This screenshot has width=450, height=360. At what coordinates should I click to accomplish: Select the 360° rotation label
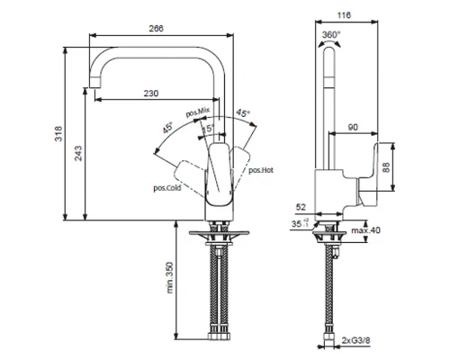tap(330, 35)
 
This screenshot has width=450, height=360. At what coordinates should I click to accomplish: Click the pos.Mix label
tap(197, 112)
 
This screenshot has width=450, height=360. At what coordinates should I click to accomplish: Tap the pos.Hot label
tap(261, 169)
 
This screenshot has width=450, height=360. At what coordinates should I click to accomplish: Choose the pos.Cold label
tap(167, 188)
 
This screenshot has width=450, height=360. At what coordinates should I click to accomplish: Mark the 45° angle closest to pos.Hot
tap(243, 113)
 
